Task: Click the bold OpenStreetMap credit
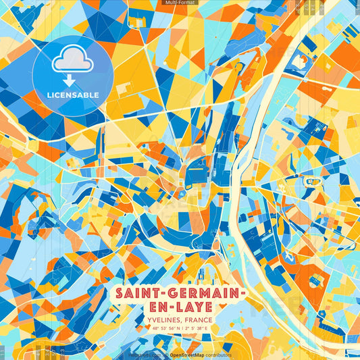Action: tap(187, 355)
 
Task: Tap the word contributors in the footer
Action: tap(218, 355)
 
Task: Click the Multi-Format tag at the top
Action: tap(180, 3)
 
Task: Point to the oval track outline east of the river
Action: tap(313, 181)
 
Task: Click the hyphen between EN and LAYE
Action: tap(173, 307)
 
